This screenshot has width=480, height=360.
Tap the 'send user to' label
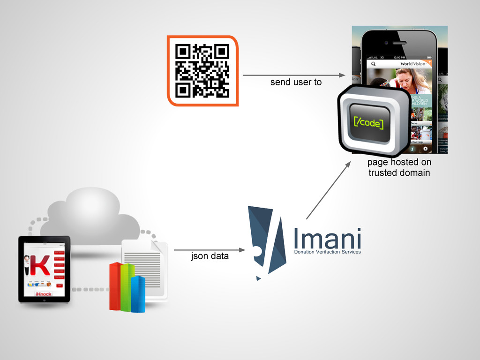pyautogui.click(x=296, y=82)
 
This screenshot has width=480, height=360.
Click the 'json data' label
pyautogui.click(x=210, y=256)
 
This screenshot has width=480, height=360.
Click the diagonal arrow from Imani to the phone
pyautogui.click(x=328, y=190)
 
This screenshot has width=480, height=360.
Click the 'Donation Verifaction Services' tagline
pyautogui.click(x=327, y=252)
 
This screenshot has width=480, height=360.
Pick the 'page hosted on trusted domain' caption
pyautogui.click(x=399, y=167)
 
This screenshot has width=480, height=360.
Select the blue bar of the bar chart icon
pyautogui.click(x=137, y=294)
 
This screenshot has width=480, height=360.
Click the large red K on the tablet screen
pyautogui.click(x=42, y=265)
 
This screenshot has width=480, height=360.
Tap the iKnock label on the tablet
pyautogui.click(x=44, y=294)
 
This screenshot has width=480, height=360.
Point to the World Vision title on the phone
pyautogui.click(x=412, y=64)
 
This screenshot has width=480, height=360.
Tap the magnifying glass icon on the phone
pyautogui.click(x=373, y=64)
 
